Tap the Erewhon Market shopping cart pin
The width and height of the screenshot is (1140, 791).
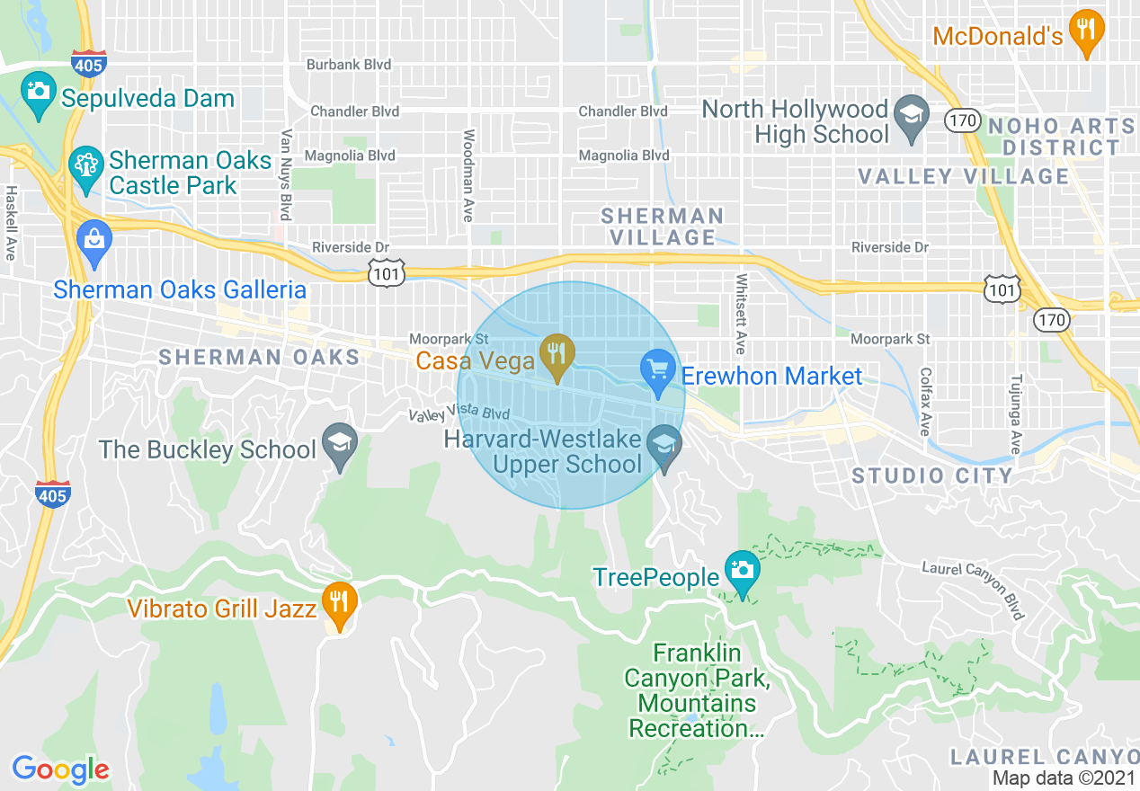pyautogui.click(x=658, y=370)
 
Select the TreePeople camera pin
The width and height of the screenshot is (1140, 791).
pyautogui.click(x=742, y=571)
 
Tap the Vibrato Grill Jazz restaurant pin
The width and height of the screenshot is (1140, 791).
pyautogui.click(x=340, y=603)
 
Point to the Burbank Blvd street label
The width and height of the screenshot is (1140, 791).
pyautogui.click(x=349, y=65)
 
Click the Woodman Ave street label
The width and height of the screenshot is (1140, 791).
pyautogui.click(x=468, y=174)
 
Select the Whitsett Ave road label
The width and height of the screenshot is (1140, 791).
pyautogui.click(x=742, y=314)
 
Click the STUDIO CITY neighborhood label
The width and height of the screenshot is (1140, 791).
pyautogui.click(x=932, y=475)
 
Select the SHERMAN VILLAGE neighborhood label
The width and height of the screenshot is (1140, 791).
pyautogui.click(x=663, y=227)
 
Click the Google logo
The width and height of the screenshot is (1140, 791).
pyautogui.click(x=60, y=769)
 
